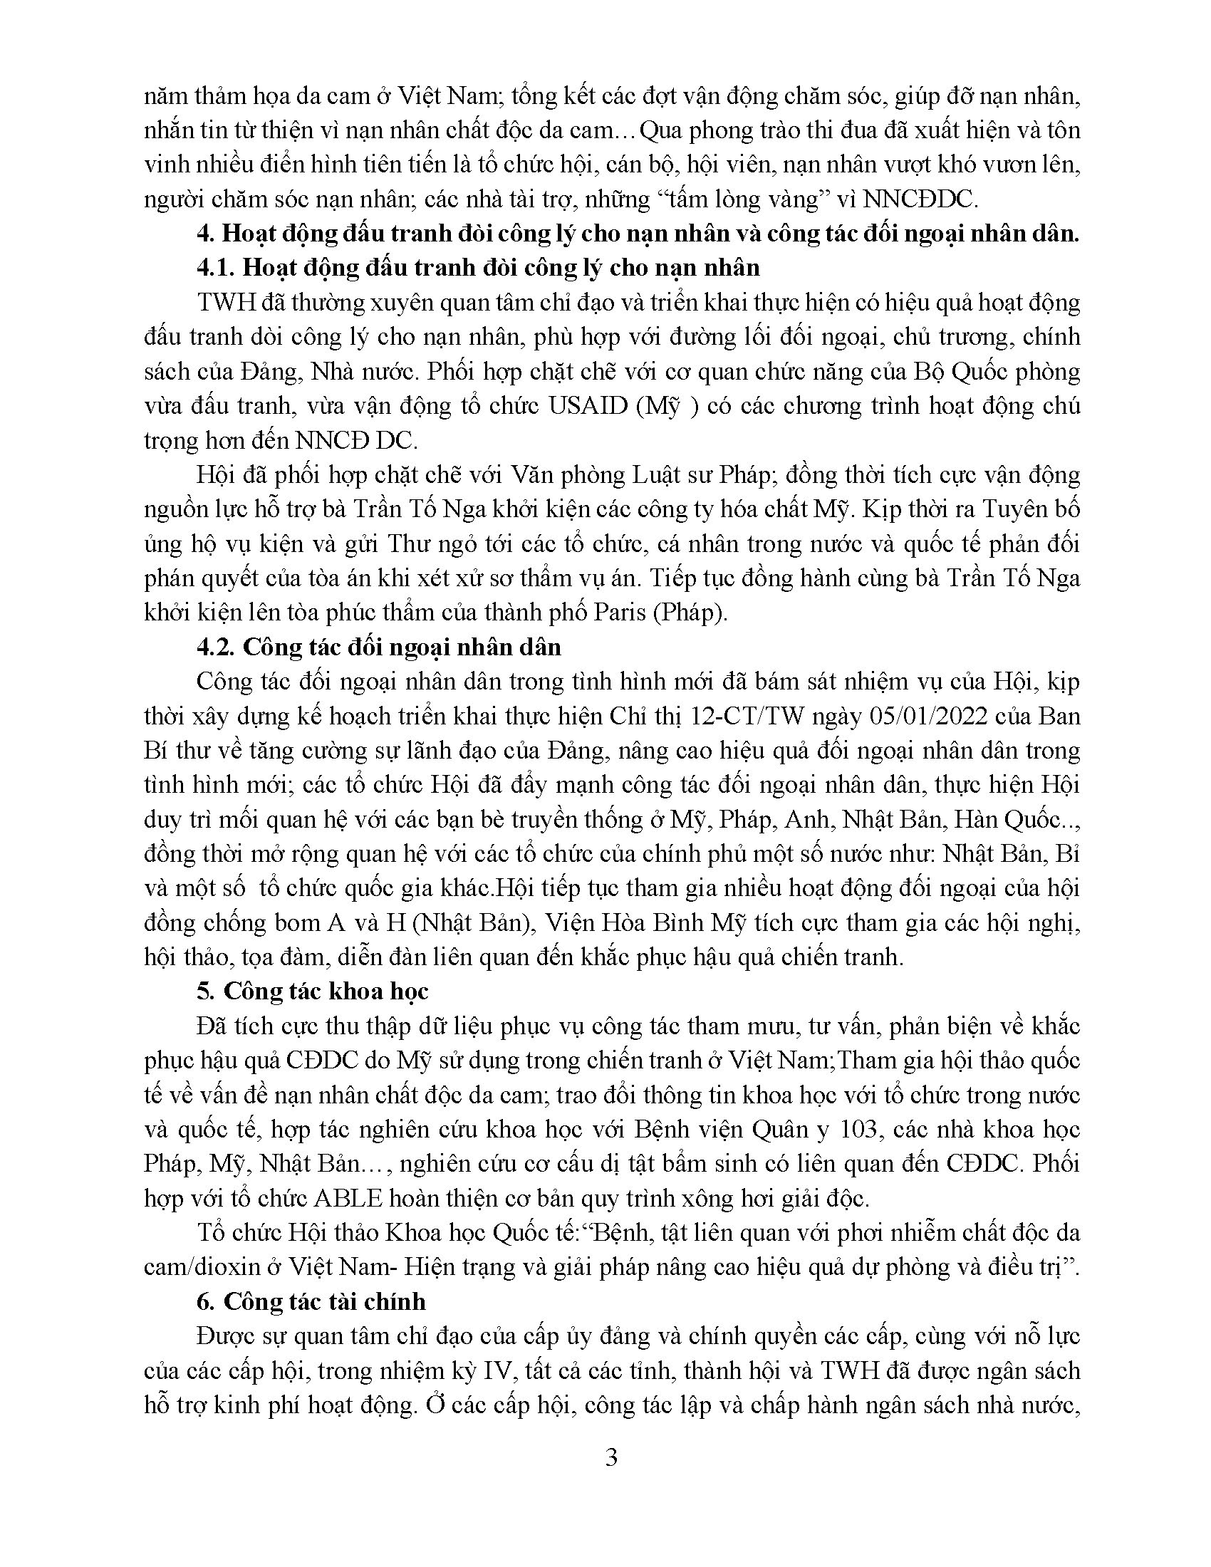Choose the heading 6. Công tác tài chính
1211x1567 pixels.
[x=311, y=1301]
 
